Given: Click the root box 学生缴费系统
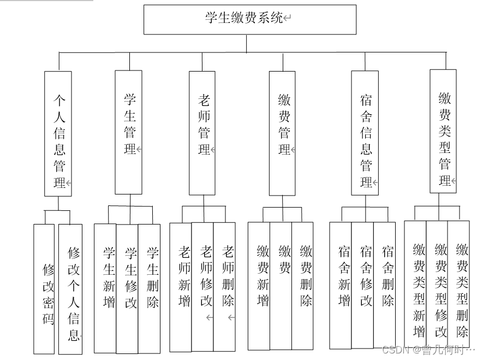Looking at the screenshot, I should click(249, 19).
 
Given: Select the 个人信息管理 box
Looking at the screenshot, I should click(58, 133).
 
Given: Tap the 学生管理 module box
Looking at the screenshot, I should click(129, 132).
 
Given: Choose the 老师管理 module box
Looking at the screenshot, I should click(202, 133).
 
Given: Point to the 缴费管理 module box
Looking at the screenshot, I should click(283, 133).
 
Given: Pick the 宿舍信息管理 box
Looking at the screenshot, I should click(365, 133).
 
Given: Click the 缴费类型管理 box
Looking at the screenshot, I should click(443, 131).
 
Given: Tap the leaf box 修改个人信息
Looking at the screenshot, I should click(71, 290).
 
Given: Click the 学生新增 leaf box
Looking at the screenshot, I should click(105, 288).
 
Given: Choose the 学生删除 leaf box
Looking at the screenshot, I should click(149, 288).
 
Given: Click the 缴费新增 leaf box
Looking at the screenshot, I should click(259, 285).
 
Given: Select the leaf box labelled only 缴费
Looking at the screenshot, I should click(281, 285).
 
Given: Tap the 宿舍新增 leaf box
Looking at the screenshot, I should click(341, 285).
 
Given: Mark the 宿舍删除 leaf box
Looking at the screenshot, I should click(384, 285).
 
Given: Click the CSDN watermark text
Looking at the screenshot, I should click(428, 349).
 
